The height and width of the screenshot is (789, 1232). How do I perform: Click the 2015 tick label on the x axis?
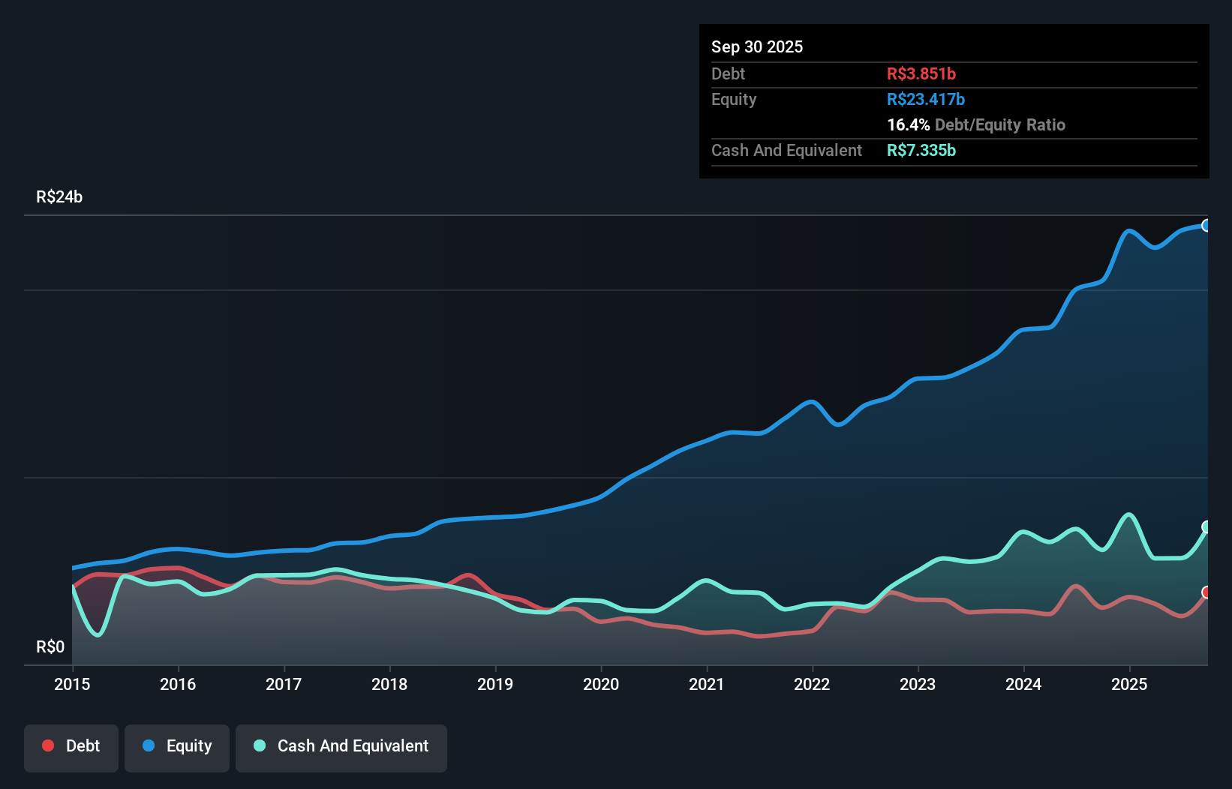point(72,684)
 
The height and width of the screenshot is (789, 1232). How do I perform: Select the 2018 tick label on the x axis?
point(389,684)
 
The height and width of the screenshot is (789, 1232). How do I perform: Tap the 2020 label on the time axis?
point(601,684)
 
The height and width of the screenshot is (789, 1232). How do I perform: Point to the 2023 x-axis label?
point(918,684)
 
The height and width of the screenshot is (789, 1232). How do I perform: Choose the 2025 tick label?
point(1129,684)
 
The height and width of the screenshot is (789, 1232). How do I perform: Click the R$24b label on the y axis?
point(59,196)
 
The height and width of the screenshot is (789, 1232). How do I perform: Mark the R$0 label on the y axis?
point(50,646)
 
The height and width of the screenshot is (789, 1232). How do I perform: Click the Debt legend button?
point(71,746)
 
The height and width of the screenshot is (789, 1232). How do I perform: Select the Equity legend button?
point(177,746)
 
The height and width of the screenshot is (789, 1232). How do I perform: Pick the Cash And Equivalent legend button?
point(341,746)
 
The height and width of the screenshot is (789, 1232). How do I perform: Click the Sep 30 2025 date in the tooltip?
point(757,46)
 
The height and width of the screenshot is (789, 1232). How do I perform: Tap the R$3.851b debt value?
point(921,73)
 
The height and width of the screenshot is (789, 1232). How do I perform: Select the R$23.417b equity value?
point(926,99)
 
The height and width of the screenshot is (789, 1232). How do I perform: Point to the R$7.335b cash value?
point(921,150)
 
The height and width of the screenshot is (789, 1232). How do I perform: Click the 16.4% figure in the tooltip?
point(908,124)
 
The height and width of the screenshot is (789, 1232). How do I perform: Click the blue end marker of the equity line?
point(1206,226)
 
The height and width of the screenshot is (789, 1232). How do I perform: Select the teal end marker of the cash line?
point(1206,526)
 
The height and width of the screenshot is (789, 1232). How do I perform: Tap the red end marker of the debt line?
point(1206,592)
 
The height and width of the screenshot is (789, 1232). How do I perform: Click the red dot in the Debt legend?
point(48,745)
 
